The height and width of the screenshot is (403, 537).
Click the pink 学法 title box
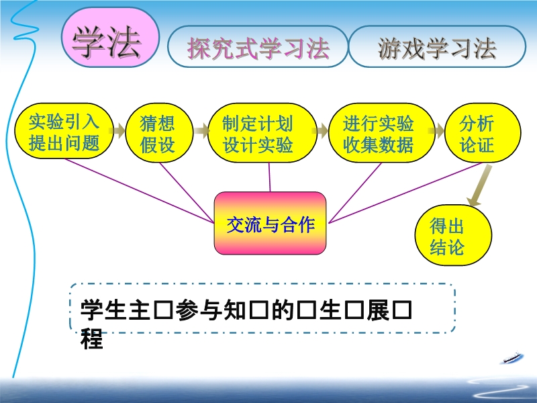click(x=110, y=42)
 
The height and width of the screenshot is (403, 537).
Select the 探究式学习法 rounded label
click(x=258, y=47)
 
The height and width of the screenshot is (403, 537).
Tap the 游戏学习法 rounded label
click(x=437, y=47)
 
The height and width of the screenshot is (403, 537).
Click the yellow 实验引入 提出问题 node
click(x=64, y=132)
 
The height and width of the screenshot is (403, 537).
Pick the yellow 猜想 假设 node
click(x=158, y=132)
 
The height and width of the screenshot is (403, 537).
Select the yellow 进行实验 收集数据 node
click(x=379, y=132)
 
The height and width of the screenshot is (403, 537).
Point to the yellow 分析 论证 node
click(x=477, y=132)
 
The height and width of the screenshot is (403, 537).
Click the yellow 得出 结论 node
click(x=447, y=236)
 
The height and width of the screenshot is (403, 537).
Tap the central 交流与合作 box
click(x=270, y=224)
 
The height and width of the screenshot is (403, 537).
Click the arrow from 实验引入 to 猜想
click(x=118, y=130)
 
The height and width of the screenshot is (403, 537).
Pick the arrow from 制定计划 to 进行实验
click(x=322, y=130)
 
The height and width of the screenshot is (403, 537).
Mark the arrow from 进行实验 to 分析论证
click(x=436, y=130)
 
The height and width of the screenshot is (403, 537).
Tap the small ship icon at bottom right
click(x=512, y=359)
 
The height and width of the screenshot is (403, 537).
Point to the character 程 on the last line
click(x=92, y=339)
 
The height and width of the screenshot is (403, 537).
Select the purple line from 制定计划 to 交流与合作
click(x=270, y=177)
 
